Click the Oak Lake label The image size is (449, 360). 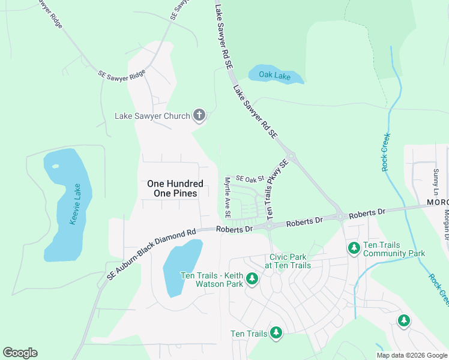point(274,75)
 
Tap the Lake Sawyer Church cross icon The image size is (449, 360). point(199,115)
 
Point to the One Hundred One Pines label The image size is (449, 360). point(175,188)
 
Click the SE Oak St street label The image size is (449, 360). point(250,179)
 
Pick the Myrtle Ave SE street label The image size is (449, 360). point(228,197)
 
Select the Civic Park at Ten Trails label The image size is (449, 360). point(290,261)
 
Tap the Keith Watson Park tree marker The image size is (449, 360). point(252,279)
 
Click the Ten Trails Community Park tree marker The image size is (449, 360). point(354,247)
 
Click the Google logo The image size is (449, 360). point(20,353)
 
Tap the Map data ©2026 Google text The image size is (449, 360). point(412,355)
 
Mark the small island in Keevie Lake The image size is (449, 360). point(56,166)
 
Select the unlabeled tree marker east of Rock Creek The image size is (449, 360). point(404,321)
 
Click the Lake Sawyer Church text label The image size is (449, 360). point(152,115)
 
